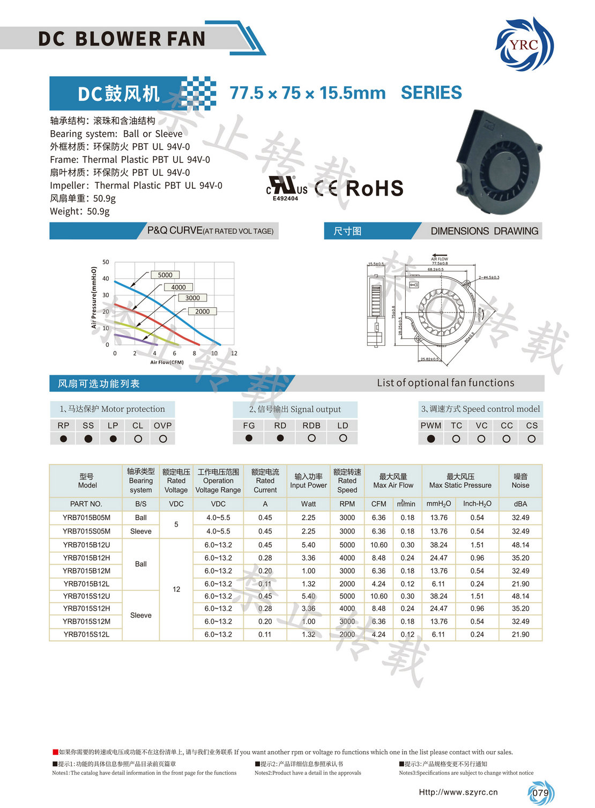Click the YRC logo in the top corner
[524, 45]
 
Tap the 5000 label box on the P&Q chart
[165, 275]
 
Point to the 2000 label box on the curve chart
[202, 312]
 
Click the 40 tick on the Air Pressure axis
[106, 279]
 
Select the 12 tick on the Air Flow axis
[234, 353]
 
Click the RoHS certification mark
[374, 189]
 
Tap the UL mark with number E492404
[287, 188]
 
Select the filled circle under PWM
[431, 439]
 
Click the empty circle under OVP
[163, 439]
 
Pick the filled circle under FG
[249, 438]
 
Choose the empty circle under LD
[343, 438]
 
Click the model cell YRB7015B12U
[86, 545]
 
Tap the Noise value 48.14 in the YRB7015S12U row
[520, 596]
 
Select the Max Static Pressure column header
[460, 480]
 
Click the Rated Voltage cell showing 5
[176, 524]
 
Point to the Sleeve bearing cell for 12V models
[140, 616]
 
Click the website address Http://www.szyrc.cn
[458, 792]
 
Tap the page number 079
[540, 793]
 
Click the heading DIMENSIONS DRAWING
[484, 231]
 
